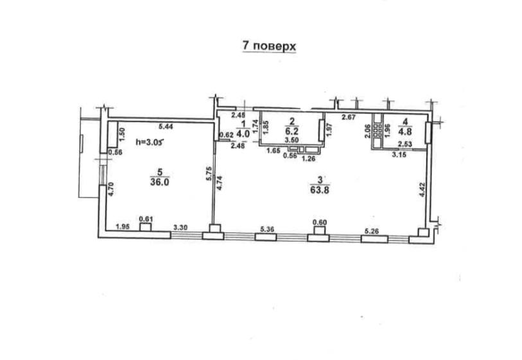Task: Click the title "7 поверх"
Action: [269, 46]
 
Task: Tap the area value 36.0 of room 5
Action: [160, 182]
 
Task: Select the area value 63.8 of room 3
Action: [320, 190]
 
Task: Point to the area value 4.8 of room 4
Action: [405, 131]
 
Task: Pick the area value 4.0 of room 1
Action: [243, 133]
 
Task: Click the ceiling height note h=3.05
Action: [150, 142]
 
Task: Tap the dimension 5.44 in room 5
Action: [166, 126]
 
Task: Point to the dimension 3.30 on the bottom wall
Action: [180, 228]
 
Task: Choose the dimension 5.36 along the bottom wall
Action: [267, 229]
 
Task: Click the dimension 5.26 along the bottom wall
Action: [372, 230]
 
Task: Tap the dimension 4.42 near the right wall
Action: [422, 190]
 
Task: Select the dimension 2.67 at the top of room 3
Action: [349, 116]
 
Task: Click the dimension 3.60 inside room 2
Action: [292, 141]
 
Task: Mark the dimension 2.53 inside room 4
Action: [405, 144]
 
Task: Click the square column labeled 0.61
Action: [145, 227]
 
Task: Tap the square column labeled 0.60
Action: [320, 230]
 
